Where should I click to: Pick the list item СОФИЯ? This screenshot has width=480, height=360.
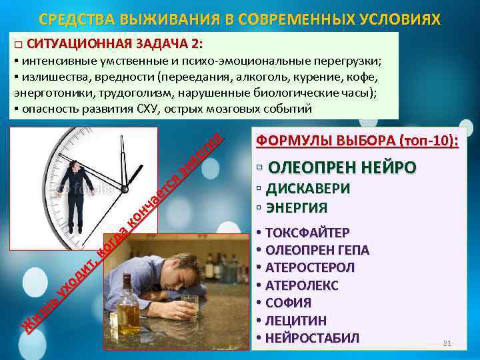click(288, 303)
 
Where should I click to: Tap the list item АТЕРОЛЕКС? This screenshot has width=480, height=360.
click(302, 286)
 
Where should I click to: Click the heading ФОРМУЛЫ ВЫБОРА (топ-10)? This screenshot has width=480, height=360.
click(357, 141)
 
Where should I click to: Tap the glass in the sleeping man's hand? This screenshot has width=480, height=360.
click(189, 306)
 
